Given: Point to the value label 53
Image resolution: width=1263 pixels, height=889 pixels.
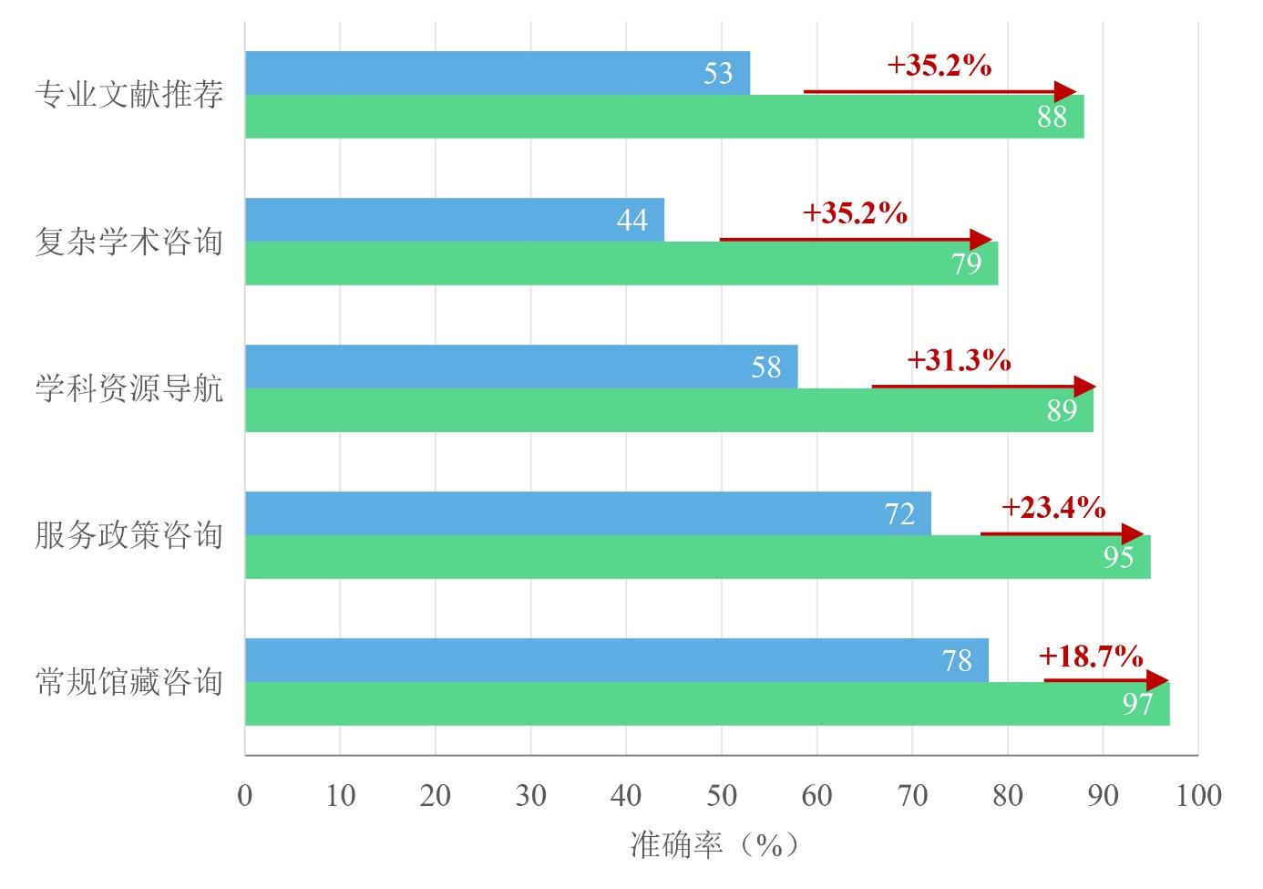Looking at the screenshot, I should [718, 73].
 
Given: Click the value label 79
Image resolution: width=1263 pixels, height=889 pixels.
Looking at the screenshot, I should [966, 264].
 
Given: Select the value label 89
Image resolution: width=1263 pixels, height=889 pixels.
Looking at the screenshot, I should [1062, 410].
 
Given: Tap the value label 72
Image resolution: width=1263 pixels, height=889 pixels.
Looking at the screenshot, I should [899, 514].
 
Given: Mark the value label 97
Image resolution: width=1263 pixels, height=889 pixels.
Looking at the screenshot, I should [1137, 704].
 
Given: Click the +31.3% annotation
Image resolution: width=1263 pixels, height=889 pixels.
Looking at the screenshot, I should [959, 360].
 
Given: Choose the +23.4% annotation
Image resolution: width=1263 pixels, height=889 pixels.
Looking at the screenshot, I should [1053, 507].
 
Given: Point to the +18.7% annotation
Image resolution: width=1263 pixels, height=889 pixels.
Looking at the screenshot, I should [1090, 655].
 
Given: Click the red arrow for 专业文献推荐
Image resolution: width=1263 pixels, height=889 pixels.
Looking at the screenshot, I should [939, 92].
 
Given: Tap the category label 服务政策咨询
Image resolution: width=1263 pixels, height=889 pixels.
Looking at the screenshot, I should [128, 535].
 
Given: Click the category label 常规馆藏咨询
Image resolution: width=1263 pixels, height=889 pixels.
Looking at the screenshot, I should [128, 682].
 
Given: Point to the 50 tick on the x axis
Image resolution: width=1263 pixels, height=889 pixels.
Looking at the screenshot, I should [722, 795].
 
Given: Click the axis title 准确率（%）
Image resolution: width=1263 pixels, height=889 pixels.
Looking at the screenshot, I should [714, 845].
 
